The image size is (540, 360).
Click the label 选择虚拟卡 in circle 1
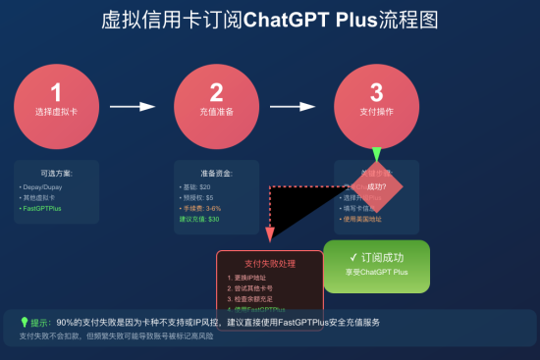56,113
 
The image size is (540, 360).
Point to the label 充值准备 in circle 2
216,113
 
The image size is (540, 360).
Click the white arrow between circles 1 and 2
134,105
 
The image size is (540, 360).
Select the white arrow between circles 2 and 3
295,105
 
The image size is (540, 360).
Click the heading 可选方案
56,173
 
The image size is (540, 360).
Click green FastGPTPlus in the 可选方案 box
42,209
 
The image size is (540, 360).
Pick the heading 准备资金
216,173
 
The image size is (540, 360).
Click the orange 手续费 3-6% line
200,209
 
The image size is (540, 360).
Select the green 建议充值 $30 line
200,220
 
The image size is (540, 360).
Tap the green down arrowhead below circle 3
376,155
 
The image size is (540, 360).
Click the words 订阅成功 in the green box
382,257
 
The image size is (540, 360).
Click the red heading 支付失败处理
269,264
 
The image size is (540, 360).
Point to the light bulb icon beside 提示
24,322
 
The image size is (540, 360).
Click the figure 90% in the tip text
67,322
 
